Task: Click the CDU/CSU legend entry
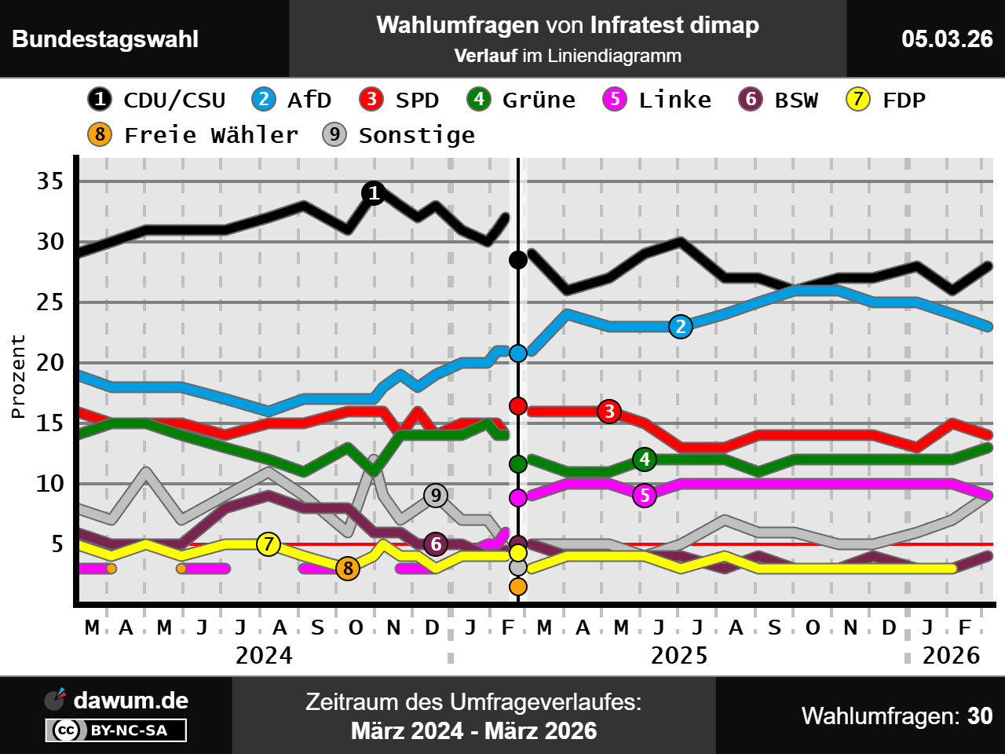157,100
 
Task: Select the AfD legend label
292,100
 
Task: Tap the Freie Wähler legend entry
193,135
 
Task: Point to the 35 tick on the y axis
50,181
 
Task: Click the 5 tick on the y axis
57,544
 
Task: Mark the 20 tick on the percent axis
50,363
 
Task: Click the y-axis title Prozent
18,376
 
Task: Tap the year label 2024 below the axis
264,655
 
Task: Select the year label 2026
951,655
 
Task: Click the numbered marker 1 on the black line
374,192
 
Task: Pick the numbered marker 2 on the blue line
681,327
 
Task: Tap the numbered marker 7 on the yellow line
269,544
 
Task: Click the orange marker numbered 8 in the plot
348,568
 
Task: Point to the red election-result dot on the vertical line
518,405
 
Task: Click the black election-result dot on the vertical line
518,259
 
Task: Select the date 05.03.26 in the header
947,38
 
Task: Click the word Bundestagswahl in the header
105,39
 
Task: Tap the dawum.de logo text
130,701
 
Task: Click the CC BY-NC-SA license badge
116,730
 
